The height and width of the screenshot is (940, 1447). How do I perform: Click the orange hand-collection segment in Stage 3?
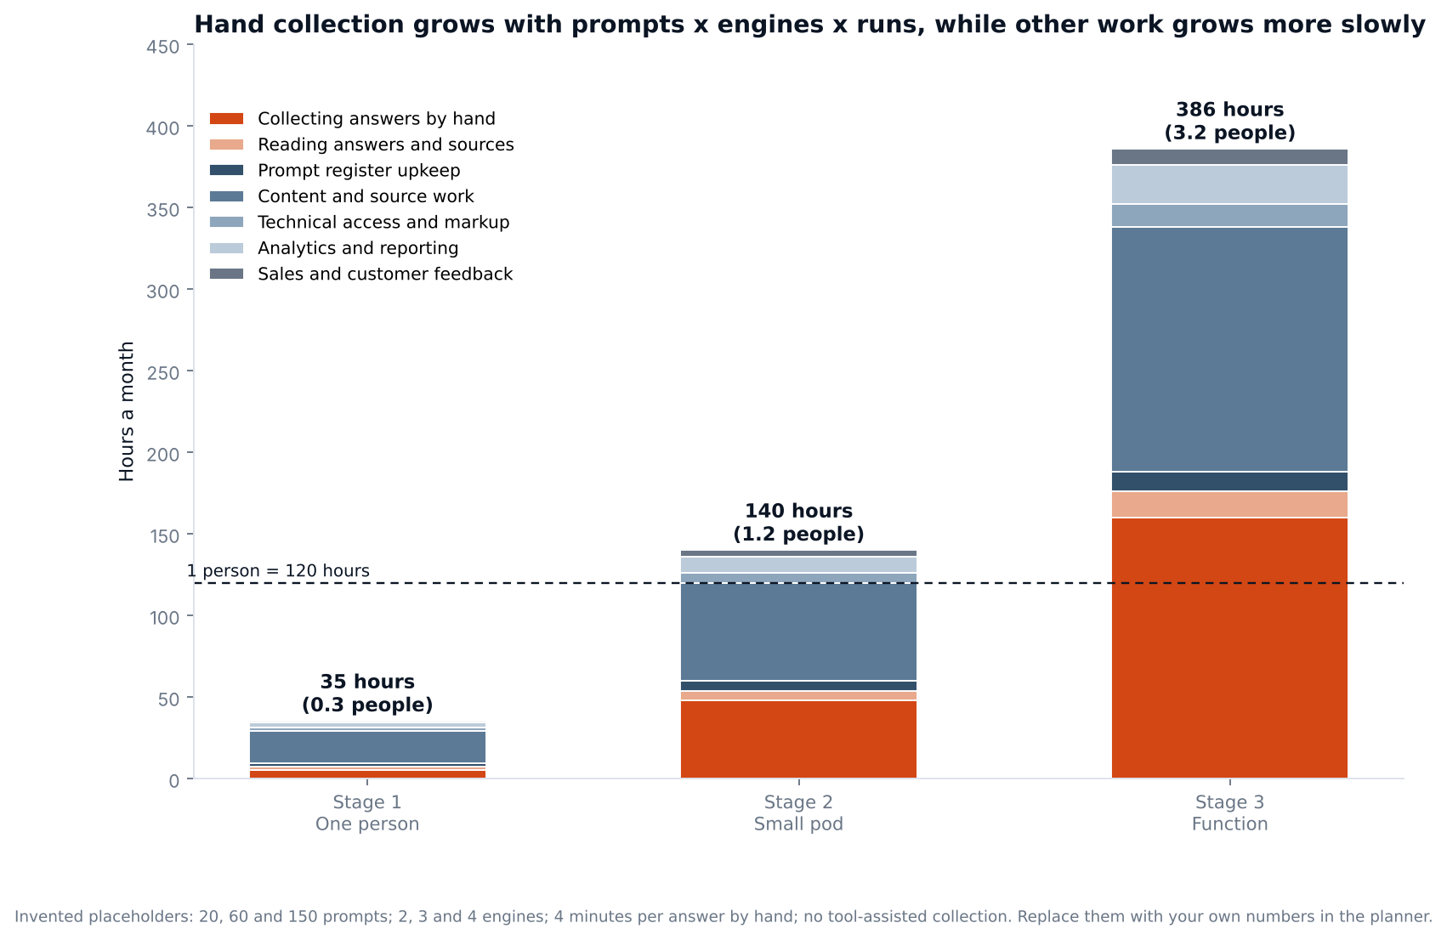[x=1229, y=648]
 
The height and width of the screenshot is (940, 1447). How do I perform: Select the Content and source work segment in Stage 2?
[x=798, y=631]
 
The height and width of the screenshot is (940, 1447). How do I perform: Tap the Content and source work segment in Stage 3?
[x=1229, y=349]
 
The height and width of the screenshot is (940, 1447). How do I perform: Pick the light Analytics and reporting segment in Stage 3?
[x=1229, y=184]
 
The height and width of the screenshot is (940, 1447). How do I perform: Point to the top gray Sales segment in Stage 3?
[x=1229, y=157]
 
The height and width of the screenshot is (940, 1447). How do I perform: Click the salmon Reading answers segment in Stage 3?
[x=1229, y=504]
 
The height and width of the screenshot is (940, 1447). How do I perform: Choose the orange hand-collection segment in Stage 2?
[x=798, y=739]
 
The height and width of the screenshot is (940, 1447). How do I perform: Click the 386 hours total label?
[x=1229, y=122]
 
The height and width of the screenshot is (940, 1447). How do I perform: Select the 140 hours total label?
[x=798, y=523]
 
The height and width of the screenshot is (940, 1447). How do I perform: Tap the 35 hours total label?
[x=367, y=694]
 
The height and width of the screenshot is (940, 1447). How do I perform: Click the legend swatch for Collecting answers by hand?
[x=227, y=119]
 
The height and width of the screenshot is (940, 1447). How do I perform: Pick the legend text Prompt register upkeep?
[x=359, y=171]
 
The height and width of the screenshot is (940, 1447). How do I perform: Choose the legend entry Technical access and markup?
[x=360, y=222]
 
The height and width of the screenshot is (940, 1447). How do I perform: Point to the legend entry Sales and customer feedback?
[x=361, y=274]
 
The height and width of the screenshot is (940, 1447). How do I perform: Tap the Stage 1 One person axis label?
[x=367, y=813]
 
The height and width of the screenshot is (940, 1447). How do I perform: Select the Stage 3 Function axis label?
[x=1229, y=813]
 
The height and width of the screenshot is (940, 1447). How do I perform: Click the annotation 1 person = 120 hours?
[x=278, y=571]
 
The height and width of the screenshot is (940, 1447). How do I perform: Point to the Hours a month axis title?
[x=127, y=411]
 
